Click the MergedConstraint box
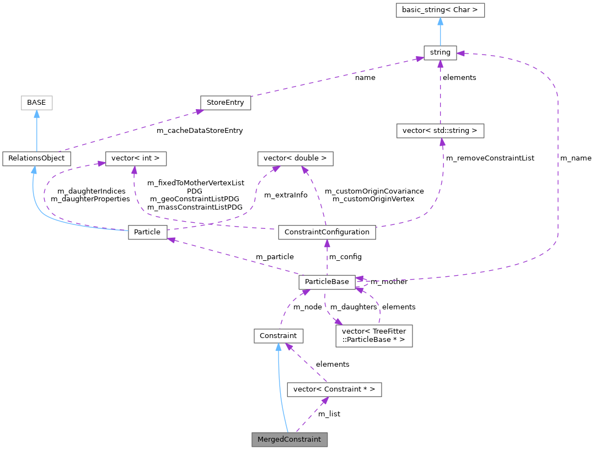click(290, 440)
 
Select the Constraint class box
click(278, 335)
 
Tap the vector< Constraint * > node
click(334, 389)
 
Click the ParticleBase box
click(327, 282)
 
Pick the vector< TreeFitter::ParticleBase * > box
click(374, 335)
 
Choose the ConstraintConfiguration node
click(327, 232)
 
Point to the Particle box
click(147, 232)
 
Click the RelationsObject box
click(36, 158)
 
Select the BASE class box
click(36, 102)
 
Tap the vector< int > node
click(136, 158)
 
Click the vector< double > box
click(295, 158)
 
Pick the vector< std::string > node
click(440, 131)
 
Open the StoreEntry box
click(225, 103)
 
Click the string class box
click(440, 52)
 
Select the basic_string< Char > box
click(440, 9)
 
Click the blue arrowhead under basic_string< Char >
click(440, 21)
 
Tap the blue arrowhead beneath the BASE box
click(36, 114)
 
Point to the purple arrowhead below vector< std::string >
click(441, 142)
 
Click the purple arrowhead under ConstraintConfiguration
click(327, 244)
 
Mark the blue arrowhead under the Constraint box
click(278, 347)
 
